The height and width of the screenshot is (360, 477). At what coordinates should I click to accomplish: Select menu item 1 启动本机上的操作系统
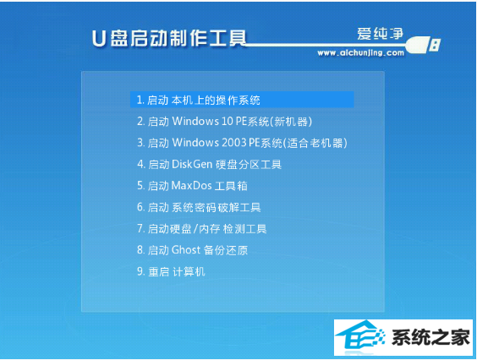199,100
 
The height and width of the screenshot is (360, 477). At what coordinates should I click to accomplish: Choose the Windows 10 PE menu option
224,122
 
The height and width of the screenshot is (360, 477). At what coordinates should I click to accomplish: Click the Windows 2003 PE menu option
242,143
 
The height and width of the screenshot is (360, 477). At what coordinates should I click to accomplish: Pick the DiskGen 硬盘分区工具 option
209,165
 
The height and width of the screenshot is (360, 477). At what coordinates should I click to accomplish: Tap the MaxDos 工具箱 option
192,186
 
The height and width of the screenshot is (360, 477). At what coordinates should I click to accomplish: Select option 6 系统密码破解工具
199,207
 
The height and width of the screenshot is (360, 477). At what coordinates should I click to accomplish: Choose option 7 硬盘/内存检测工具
201,229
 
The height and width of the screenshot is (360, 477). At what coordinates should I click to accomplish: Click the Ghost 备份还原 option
192,250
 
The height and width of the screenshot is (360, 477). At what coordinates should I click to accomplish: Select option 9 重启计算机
171,271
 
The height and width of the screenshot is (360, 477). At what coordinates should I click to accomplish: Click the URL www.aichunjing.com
361,53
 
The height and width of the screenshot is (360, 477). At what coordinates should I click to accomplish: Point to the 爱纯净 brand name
380,34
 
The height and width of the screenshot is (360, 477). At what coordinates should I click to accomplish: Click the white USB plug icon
423,45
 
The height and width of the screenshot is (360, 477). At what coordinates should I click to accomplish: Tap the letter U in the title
99,39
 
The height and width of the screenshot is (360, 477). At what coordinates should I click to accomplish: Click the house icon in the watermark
360,337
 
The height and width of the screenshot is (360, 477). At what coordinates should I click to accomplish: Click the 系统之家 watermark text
430,337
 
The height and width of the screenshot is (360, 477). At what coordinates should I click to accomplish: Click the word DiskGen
192,165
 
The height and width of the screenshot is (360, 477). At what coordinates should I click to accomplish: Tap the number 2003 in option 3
234,143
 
